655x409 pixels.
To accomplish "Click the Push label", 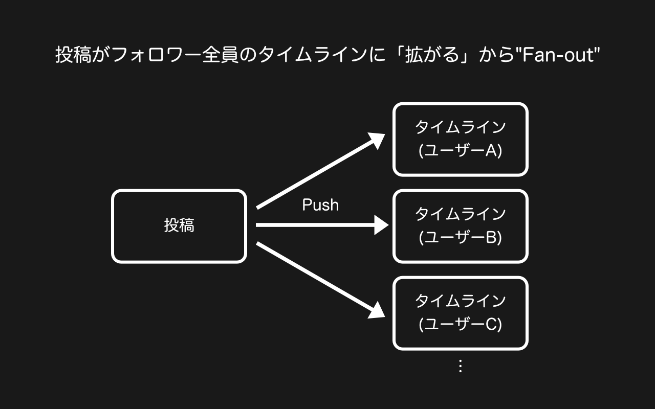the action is (x=320, y=205).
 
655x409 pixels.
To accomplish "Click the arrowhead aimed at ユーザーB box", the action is (x=381, y=225).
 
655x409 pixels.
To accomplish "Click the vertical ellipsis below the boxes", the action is (x=460, y=366).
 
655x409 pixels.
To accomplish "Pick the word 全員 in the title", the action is (x=220, y=55).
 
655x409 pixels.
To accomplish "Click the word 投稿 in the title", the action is (x=73, y=55).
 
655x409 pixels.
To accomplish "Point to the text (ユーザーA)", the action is (x=460, y=151).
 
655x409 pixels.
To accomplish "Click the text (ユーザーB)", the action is (x=460, y=238).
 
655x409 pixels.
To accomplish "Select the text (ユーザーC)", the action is (x=460, y=325).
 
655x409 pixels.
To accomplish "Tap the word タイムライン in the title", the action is (x=313, y=55).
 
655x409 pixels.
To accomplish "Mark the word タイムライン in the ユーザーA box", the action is (x=460, y=127).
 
